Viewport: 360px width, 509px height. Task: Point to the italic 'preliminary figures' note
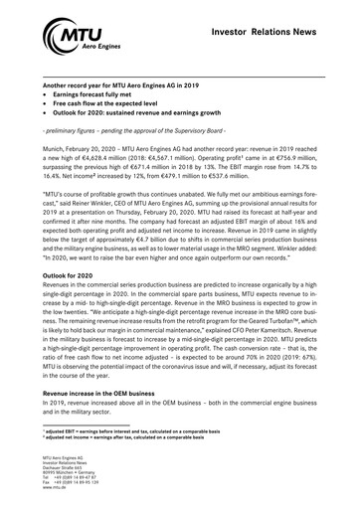point(80,131)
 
